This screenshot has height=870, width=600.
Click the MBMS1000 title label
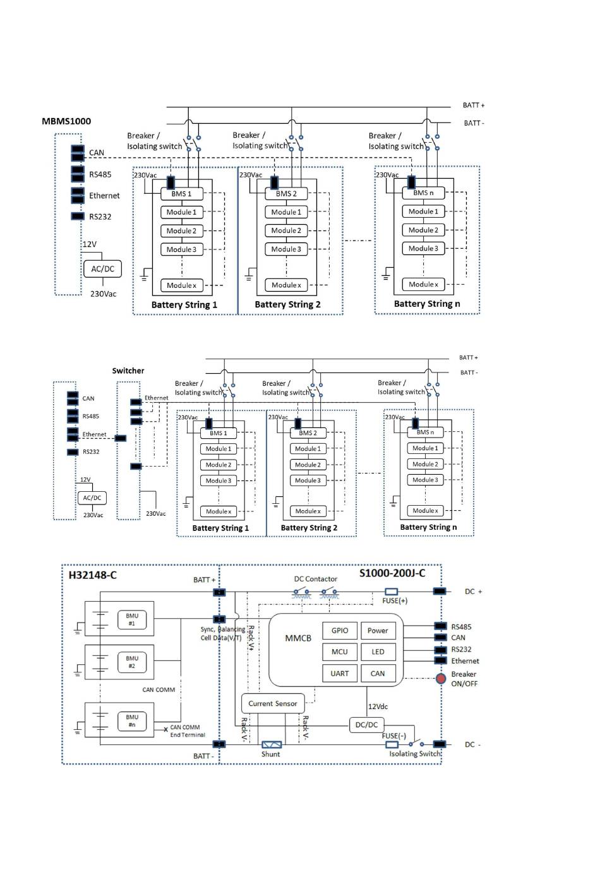(66, 121)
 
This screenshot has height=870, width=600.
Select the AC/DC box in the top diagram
(102, 269)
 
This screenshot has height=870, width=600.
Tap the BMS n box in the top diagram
(423, 193)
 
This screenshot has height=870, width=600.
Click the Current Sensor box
(272, 703)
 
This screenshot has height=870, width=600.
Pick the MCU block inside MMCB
(340, 652)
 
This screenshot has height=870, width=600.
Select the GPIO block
(340, 630)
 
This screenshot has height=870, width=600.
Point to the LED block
(378, 652)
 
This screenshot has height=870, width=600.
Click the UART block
(340, 673)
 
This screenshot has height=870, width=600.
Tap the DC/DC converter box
(366, 725)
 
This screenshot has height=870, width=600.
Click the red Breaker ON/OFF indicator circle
(441, 679)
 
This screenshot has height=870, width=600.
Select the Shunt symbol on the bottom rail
(272, 745)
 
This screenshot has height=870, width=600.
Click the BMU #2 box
(132, 662)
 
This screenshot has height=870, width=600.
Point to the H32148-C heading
(92, 575)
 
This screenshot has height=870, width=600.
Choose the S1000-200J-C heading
(392, 573)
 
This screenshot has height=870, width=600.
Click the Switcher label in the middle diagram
(128, 371)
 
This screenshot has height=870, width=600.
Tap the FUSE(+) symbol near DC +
(392, 592)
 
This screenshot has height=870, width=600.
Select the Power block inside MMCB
(378, 630)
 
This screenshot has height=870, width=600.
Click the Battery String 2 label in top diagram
(287, 304)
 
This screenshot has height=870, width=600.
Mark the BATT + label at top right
(474, 105)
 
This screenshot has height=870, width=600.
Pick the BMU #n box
(132, 720)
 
